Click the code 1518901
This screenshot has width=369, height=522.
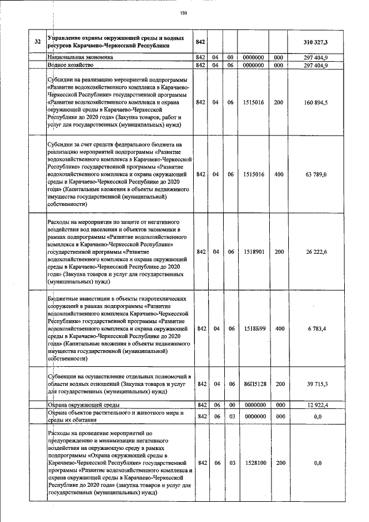click(254, 251)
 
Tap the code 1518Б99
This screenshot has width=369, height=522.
click(254, 328)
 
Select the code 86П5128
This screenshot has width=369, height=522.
click(254, 384)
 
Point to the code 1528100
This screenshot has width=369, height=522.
click(254, 463)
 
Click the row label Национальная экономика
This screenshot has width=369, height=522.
click(80, 58)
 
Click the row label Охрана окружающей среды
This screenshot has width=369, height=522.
click(83, 406)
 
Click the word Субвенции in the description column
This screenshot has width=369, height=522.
click(65, 375)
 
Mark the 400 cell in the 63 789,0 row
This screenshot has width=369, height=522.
click(279, 174)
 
